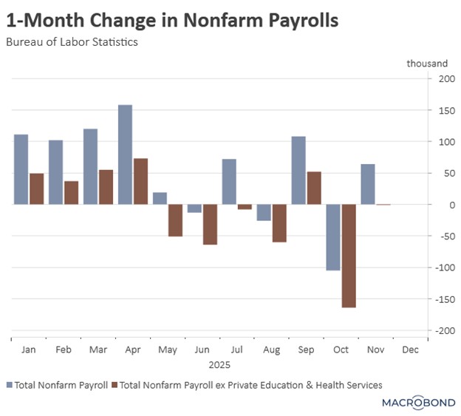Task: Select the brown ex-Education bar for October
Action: (x=349, y=256)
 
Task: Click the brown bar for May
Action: (x=175, y=220)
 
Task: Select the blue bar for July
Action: (x=229, y=182)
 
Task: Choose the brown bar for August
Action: (x=279, y=223)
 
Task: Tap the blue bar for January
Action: (x=21, y=169)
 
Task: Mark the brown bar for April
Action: (x=140, y=181)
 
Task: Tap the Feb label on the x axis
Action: (x=64, y=349)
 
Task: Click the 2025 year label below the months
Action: (x=219, y=364)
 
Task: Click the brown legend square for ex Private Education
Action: (x=115, y=384)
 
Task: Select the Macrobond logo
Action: (x=418, y=403)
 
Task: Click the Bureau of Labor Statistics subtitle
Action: (x=72, y=42)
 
